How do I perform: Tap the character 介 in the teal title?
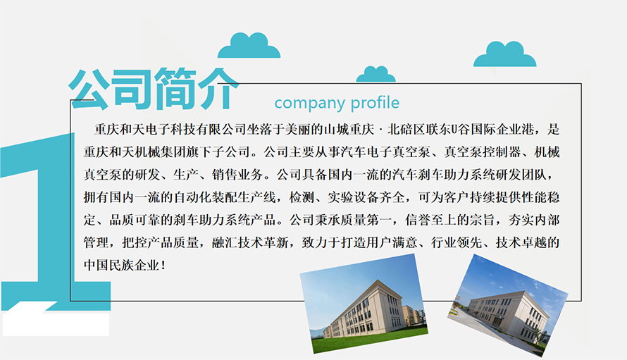point(218,89)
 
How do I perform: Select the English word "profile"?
point(375,103)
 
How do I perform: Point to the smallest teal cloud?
point(375,74)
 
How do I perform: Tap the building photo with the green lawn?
point(364,304)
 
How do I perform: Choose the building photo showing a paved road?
point(508,305)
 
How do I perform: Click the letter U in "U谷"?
point(454,129)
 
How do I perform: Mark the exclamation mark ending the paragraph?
point(163,265)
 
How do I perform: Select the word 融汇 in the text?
point(224,242)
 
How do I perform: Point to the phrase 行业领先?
point(457,242)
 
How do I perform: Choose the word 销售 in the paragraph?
point(224,175)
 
